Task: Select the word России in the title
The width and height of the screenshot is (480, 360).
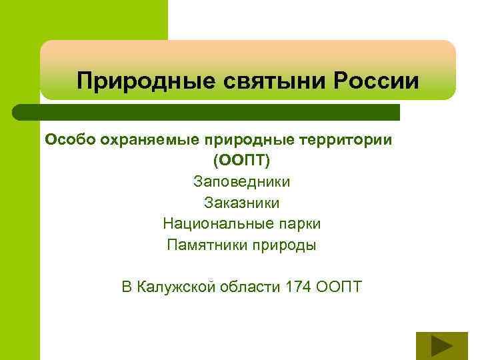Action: (x=377, y=81)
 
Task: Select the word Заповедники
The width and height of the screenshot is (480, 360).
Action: (x=241, y=181)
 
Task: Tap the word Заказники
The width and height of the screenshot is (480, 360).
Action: (x=241, y=202)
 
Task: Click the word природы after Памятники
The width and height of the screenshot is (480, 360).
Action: (x=285, y=245)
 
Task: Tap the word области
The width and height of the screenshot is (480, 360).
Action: (x=250, y=287)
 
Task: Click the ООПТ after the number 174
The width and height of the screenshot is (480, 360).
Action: (x=338, y=287)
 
